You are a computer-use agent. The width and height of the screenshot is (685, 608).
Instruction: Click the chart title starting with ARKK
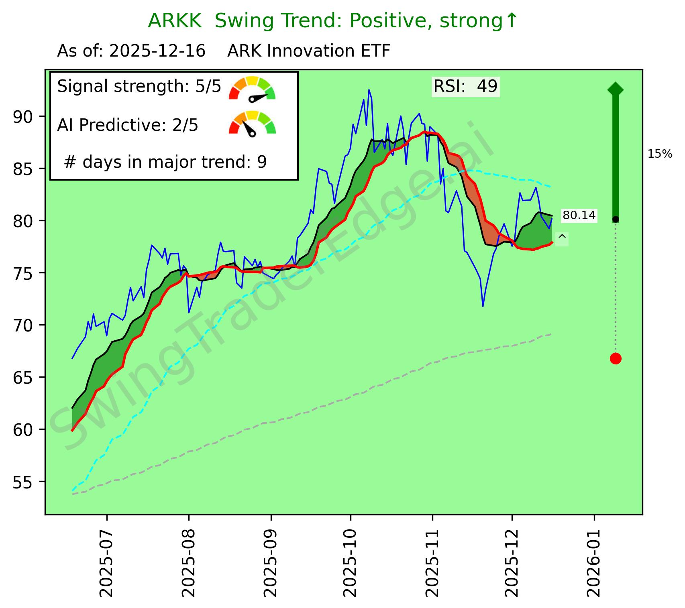[x=332, y=21]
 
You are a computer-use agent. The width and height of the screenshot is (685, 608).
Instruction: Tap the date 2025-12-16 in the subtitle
[x=157, y=51]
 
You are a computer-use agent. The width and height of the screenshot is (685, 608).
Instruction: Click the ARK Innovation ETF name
[x=308, y=51]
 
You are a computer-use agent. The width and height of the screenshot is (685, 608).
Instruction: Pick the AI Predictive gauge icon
[x=252, y=124]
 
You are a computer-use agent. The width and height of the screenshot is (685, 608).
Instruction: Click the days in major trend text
[x=165, y=162]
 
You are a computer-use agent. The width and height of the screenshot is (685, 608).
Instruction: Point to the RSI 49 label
[x=465, y=86]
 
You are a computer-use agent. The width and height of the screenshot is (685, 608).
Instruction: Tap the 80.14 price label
[x=579, y=216]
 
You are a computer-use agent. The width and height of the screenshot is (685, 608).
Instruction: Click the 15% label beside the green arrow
[x=660, y=154]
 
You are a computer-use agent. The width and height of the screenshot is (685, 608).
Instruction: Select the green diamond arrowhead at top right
[x=616, y=89]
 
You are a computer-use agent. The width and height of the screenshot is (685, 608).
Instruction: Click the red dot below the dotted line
[x=616, y=358]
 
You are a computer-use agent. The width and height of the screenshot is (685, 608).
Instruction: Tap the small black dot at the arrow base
[x=616, y=219]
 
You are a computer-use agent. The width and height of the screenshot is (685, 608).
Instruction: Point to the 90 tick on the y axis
[x=24, y=116]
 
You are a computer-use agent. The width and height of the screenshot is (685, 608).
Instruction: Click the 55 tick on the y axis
[x=24, y=482]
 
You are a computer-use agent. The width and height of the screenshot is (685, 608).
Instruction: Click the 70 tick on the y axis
[x=24, y=325]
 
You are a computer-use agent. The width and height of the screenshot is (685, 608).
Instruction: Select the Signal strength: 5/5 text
[x=139, y=86]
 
